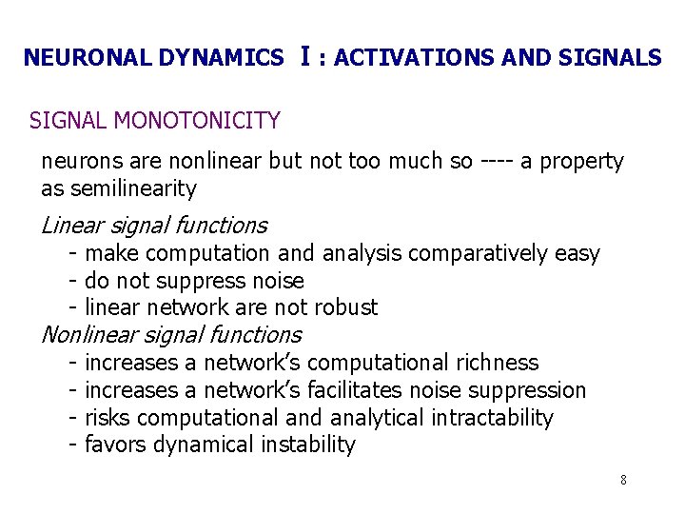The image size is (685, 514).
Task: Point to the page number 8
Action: [623, 480]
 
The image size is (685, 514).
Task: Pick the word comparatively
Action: [438, 254]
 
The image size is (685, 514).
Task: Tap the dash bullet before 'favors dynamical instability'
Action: [73, 445]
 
